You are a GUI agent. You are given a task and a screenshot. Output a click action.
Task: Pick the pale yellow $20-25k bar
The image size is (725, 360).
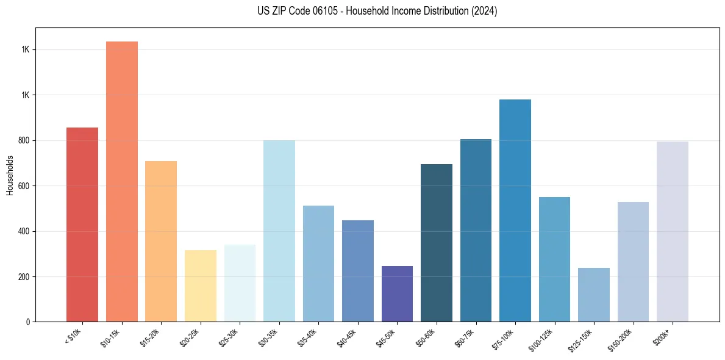pyautogui.click(x=200, y=286)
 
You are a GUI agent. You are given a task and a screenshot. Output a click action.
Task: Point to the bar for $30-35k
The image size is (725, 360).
pyautogui.click(x=279, y=231)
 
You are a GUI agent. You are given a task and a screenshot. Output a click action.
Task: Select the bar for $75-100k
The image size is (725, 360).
pyautogui.click(x=515, y=211)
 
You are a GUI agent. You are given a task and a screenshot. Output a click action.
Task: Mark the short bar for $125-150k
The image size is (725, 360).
pyautogui.click(x=594, y=295)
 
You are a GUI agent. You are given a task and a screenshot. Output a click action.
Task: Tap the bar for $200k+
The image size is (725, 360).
pyautogui.click(x=673, y=232)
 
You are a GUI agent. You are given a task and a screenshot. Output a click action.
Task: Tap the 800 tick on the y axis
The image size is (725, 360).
pyautogui.click(x=24, y=140)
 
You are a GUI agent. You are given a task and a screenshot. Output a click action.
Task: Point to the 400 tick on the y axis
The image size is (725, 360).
pyautogui.click(x=24, y=231)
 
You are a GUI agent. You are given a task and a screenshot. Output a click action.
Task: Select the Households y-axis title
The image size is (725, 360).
pyautogui.click(x=10, y=175)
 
